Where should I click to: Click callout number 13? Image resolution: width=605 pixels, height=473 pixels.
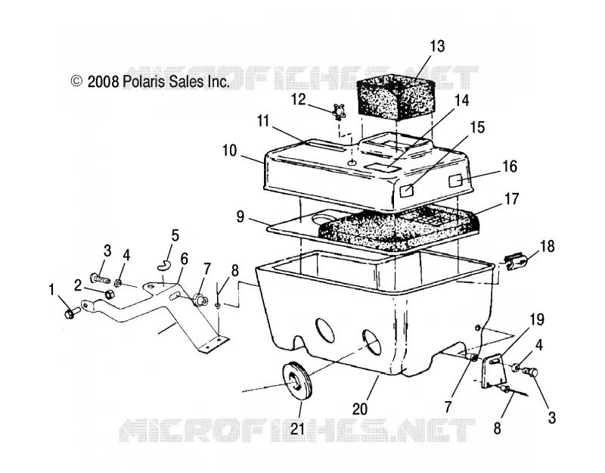coord(437,46)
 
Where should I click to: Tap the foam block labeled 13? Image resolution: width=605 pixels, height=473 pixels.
coord(396,95)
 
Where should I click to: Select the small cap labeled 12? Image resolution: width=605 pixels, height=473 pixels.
coord(338,111)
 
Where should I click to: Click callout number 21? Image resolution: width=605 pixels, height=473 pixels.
coord(297,428)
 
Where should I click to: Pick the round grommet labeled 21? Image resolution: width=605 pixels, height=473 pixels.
coord(296,381)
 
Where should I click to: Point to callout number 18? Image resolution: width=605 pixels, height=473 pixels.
coord(547,247)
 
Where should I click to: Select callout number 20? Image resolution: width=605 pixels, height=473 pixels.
coord(360,409)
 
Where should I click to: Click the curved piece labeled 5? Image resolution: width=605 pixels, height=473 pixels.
coord(164,264)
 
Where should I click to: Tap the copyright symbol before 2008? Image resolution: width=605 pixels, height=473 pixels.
coord(76,81)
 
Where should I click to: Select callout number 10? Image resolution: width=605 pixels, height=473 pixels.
coord(229,151)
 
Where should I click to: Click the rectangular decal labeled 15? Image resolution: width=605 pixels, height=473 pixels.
coord(407,190)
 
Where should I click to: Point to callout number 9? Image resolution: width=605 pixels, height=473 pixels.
coord(240,217)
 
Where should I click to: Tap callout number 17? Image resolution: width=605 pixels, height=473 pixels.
coord(512,199)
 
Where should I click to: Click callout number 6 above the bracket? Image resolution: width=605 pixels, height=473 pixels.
coord(184,259)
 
